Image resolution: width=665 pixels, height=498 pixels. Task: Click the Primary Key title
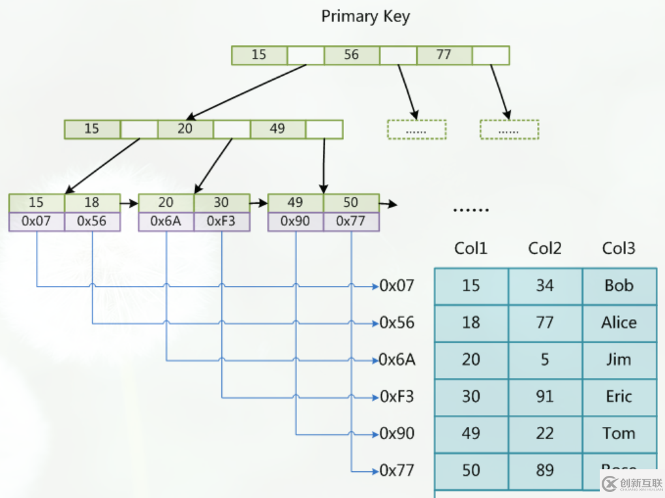(365, 16)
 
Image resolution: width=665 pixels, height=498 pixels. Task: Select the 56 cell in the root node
(352, 55)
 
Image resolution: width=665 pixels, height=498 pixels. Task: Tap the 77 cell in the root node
(444, 55)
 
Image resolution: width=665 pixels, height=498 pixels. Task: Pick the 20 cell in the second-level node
(185, 129)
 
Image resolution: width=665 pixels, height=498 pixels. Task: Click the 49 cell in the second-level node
(277, 129)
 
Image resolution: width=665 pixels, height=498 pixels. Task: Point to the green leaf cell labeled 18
(92, 202)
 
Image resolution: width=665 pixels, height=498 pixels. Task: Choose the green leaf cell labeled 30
(221, 202)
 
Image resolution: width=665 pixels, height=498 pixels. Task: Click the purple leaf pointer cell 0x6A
(166, 221)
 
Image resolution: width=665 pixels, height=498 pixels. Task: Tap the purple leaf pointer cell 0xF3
(221, 221)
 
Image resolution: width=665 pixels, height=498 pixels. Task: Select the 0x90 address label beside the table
(396, 433)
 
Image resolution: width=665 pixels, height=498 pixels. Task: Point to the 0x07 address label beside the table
(396, 285)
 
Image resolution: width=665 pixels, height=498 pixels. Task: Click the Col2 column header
(545, 249)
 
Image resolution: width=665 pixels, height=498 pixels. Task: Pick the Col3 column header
(619, 249)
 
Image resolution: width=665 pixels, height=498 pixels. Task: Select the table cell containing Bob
(619, 286)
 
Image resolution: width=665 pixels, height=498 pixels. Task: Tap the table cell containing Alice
(619, 322)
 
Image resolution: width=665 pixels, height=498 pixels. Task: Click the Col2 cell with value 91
(545, 397)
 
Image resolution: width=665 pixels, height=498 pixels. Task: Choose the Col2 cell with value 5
(545, 360)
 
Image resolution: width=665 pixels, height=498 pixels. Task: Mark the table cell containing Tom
(619, 433)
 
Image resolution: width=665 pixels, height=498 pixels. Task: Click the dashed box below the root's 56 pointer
(416, 129)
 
